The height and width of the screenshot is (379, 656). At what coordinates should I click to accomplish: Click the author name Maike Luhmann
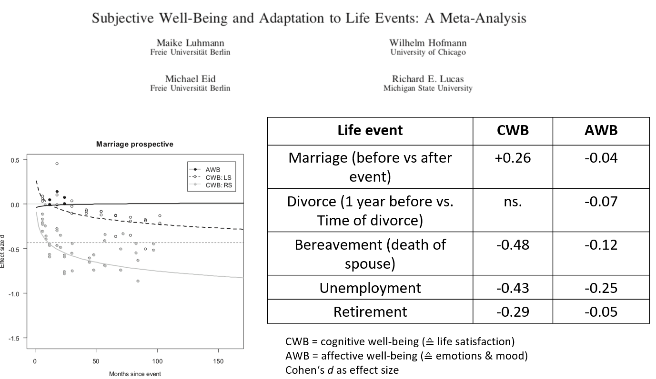190,43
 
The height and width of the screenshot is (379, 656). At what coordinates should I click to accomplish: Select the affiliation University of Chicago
428,52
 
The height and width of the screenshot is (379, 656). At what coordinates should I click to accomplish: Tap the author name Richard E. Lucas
428,79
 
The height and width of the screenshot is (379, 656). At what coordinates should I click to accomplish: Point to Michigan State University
428,88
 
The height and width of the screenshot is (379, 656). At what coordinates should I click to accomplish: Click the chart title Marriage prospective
135,144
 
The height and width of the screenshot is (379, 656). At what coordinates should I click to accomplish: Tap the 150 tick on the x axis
218,361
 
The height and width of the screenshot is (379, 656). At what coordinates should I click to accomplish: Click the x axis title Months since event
135,374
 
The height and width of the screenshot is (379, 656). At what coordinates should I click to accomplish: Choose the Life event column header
370,130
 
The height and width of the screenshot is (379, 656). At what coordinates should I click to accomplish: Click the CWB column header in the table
513,130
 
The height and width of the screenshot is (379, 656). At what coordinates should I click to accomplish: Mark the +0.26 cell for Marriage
513,157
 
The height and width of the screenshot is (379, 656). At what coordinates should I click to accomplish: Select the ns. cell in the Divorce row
513,201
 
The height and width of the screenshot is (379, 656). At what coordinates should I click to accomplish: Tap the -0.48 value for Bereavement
513,245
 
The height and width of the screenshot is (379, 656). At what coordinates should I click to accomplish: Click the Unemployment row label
370,288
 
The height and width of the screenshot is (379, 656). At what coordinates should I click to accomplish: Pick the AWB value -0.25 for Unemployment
601,288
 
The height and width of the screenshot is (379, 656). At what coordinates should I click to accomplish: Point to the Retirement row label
370,311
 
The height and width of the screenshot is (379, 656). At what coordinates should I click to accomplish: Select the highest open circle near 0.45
57,164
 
